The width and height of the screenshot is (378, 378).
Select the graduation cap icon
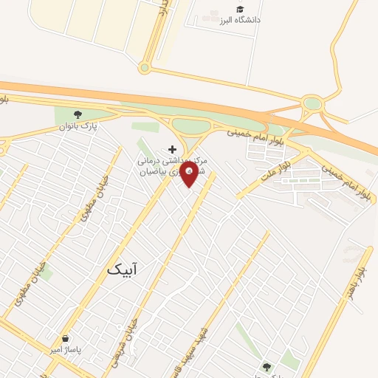[x=239, y=9]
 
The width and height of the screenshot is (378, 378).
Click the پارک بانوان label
[x=79, y=126]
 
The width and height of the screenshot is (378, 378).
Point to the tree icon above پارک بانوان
[x=78, y=114]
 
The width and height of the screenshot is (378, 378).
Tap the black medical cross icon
[x=173, y=148]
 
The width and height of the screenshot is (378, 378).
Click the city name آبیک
[x=122, y=269]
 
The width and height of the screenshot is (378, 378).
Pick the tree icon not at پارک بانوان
[x=266, y=366]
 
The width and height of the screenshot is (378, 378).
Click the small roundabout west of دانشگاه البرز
[x=144, y=68]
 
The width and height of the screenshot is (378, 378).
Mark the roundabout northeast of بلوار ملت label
[x=313, y=104]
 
